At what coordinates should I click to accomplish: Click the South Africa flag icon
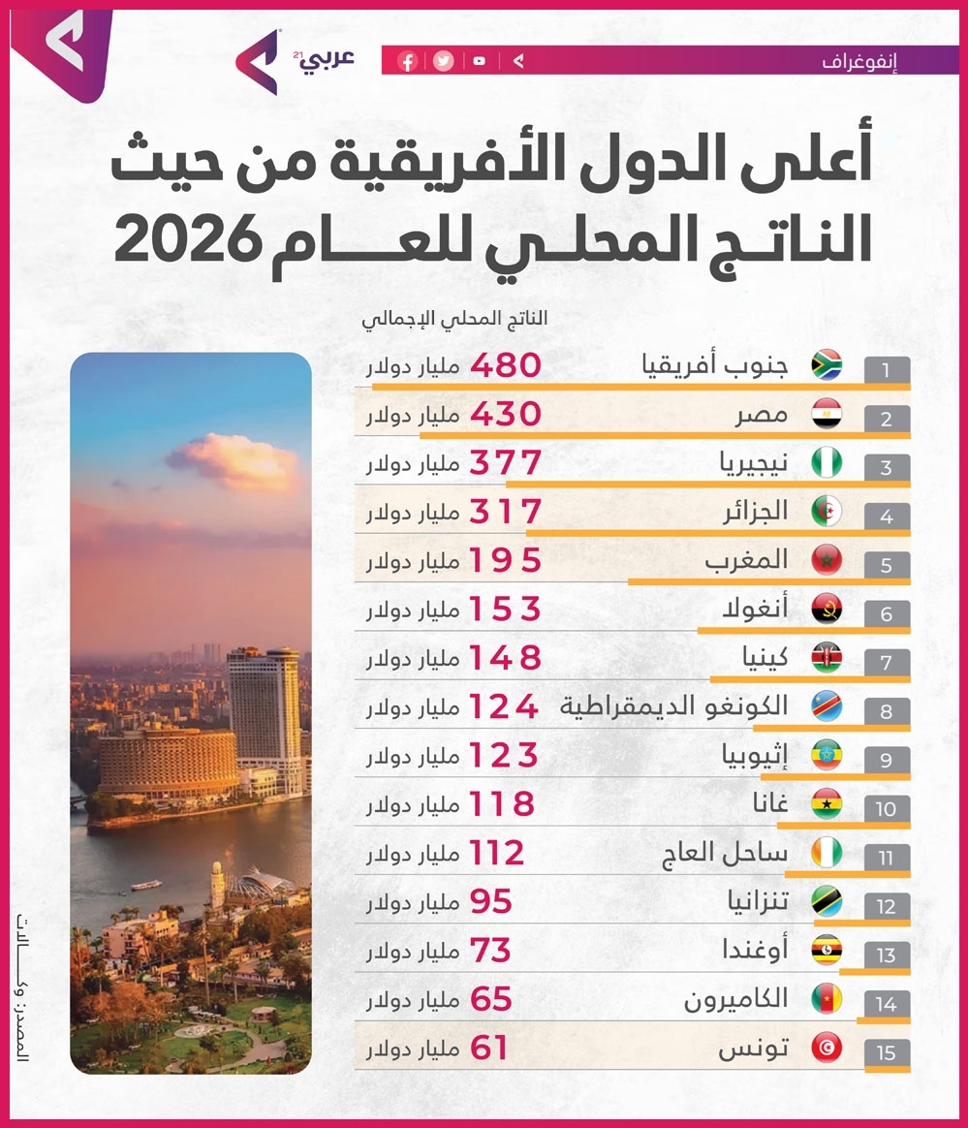[827, 365]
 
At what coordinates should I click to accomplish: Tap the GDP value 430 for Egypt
[506, 415]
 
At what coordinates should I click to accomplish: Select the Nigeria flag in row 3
[827, 462]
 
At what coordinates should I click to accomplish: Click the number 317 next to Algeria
[506, 512]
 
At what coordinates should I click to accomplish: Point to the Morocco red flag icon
[827, 560]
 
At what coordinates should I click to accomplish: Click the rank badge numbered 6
[887, 613]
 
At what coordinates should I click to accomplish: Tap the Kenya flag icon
[827, 658]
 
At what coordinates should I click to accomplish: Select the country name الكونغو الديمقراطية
[673, 706]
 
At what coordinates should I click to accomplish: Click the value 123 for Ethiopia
[504, 755]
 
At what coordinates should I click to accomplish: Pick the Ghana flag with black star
[827, 804]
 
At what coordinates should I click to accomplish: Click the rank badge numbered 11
[887, 858]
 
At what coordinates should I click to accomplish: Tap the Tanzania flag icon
[827, 901]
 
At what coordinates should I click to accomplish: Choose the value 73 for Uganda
[490, 951]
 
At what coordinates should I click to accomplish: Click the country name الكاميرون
[735, 999]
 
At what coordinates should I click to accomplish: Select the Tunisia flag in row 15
[827, 1049]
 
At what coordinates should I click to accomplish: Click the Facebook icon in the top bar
[408, 61]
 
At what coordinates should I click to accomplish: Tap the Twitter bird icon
[444, 61]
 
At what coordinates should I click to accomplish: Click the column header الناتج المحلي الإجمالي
[454, 319]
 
